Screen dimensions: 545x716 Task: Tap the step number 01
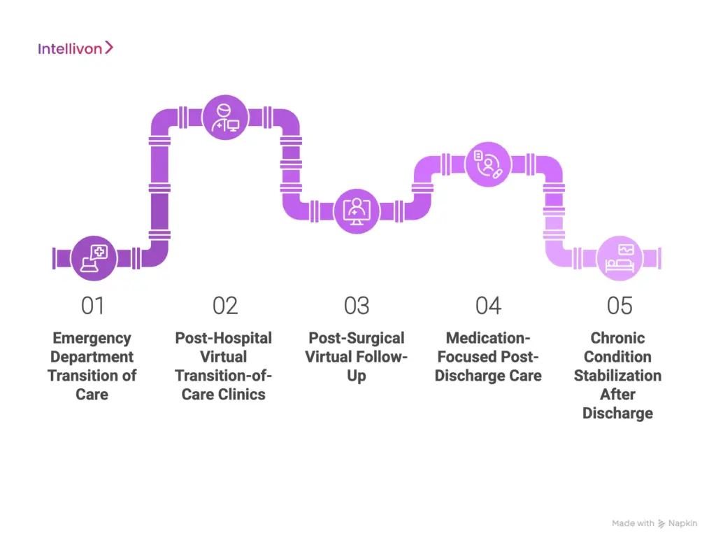coord(92,306)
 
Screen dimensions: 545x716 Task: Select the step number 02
coord(225,306)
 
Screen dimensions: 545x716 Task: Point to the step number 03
coord(357,306)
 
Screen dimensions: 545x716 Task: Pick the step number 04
coord(488,306)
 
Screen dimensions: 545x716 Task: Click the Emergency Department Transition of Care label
coord(92,366)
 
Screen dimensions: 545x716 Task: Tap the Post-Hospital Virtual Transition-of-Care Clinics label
coord(224,366)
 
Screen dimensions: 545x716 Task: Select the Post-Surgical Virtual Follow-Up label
coord(356,357)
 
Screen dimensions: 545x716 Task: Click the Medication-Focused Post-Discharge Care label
coord(488,357)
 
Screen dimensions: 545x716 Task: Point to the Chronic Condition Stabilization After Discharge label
coord(618,376)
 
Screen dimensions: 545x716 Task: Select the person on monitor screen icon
coord(357,210)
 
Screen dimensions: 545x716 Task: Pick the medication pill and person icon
coord(488,164)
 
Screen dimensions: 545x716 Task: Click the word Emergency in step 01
coord(92,338)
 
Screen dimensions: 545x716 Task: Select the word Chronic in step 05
coord(618,338)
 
